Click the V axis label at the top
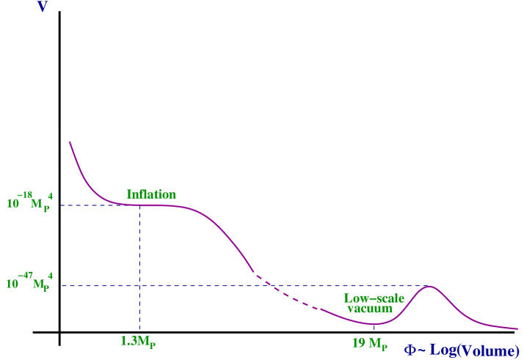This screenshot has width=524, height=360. point(43,10)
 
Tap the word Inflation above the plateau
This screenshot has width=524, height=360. point(150,194)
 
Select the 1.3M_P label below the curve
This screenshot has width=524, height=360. point(139,340)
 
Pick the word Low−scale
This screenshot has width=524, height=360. point(374,298)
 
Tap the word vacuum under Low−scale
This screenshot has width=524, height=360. point(370,309)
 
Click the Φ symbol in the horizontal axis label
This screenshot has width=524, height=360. point(412,350)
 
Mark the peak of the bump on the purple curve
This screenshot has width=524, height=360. point(428,286)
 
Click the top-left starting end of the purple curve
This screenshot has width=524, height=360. point(70,142)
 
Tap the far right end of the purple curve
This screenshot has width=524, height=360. point(517,328)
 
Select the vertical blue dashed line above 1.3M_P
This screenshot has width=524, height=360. point(139,249)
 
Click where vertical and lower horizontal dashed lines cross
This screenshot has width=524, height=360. point(139,286)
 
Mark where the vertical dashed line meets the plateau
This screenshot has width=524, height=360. point(139,205)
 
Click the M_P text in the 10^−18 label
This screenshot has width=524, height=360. point(41,203)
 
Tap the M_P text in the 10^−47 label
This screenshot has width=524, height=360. point(41,284)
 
